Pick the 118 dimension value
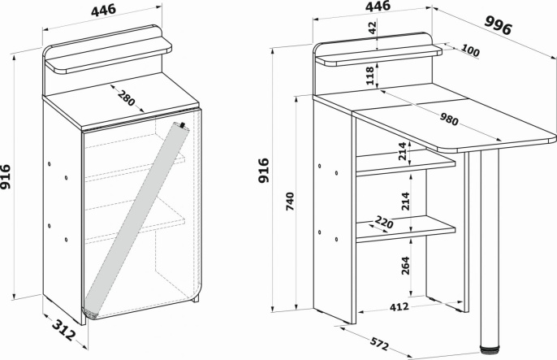click(x=370, y=76)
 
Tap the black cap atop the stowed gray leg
click(x=181, y=126)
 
